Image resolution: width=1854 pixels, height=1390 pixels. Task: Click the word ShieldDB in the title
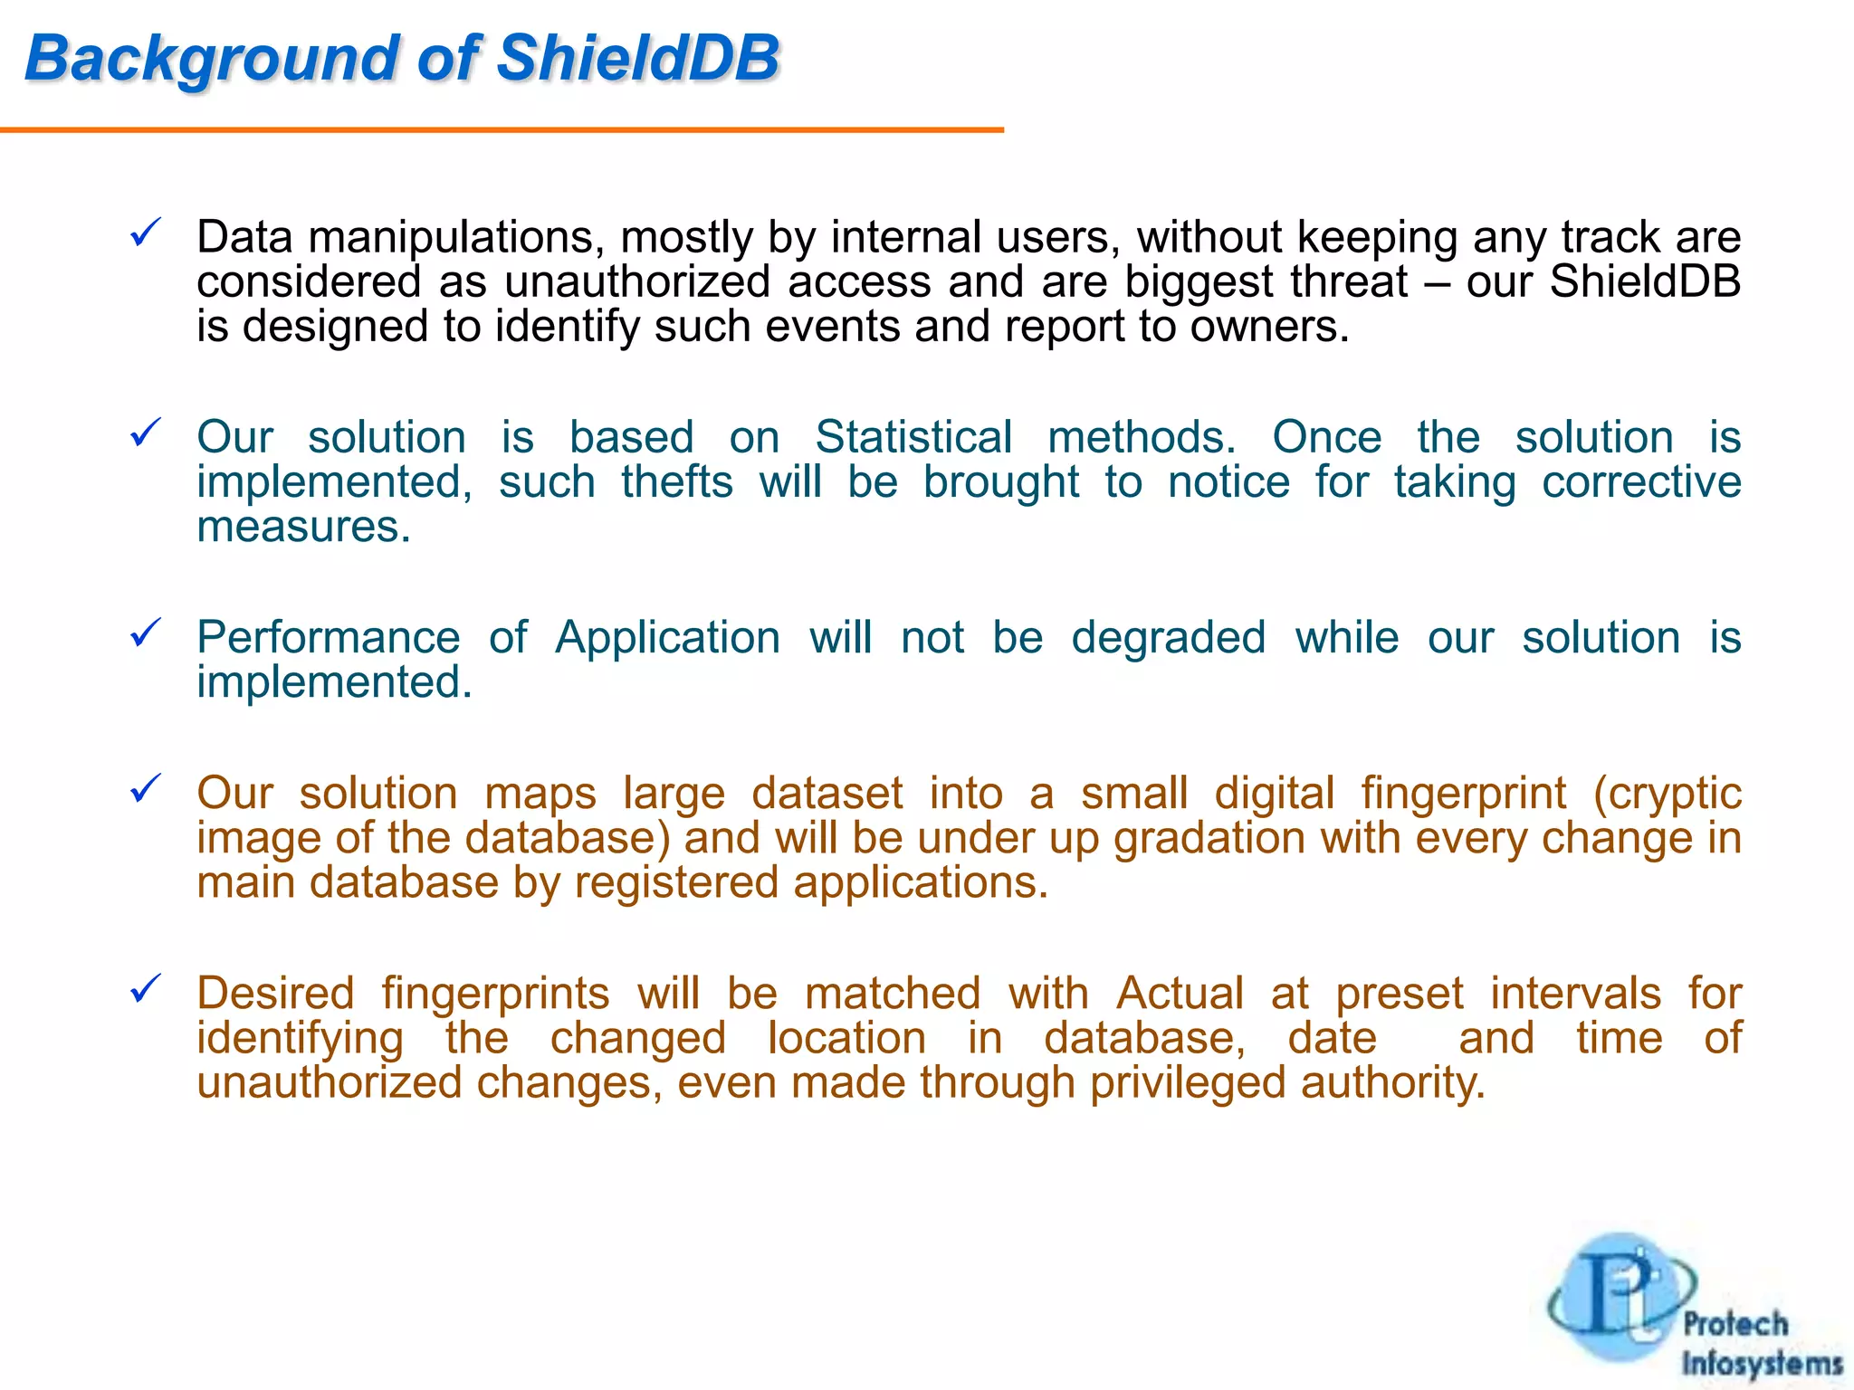[x=638, y=59]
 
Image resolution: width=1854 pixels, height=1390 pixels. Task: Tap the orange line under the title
[x=502, y=130]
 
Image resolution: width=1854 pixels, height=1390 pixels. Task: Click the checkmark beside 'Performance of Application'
[x=146, y=633]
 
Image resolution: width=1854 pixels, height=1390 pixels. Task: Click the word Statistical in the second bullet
[x=913, y=437]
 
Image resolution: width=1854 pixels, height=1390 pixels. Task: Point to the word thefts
[x=676, y=481]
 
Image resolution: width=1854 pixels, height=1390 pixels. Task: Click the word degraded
[x=1168, y=637]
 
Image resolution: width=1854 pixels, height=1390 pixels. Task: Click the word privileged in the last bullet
[x=1188, y=1083]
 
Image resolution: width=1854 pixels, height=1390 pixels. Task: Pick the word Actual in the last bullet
[x=1180, y=994]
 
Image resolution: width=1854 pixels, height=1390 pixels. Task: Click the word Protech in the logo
[x=1735, y=1324]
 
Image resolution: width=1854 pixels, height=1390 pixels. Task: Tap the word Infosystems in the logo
[x=1762, y=1363]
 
